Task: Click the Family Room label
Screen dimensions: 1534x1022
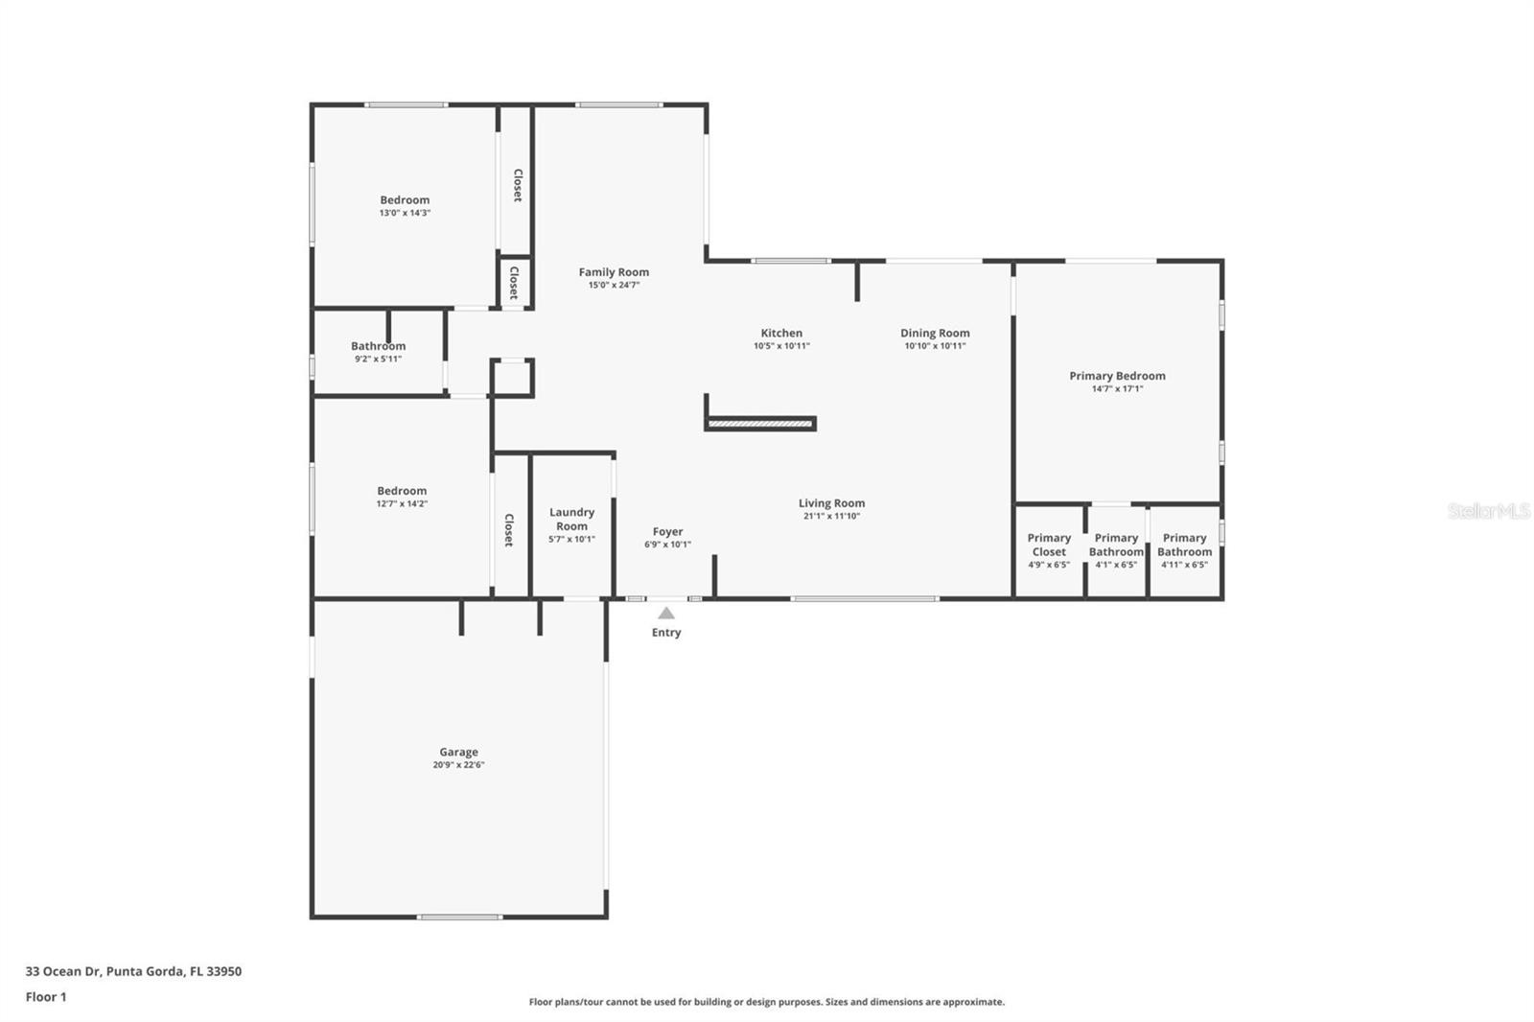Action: [614, 272]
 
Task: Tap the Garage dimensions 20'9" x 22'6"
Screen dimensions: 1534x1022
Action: [458, 765]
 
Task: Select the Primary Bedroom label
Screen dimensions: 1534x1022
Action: [1117, 376]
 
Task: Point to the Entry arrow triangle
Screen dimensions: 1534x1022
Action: [665, 613]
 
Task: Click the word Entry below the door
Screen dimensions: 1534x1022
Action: [665, 632]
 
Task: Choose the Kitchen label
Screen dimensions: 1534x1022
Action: [781, 333]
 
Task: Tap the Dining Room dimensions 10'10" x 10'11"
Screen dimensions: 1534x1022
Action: [935, 346]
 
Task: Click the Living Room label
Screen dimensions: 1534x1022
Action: [831, 503]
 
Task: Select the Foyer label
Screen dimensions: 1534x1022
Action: [667, 531]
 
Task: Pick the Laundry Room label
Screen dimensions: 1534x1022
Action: [571, 520]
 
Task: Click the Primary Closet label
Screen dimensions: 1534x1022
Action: [1049, 545]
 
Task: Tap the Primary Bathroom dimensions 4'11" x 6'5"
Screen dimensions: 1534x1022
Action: [1184, 565]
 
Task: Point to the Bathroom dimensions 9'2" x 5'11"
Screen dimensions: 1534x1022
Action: [378, 359]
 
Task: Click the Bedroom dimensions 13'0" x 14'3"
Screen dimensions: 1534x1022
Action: [405, 213]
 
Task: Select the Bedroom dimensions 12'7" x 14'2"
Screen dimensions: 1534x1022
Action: [402, 504]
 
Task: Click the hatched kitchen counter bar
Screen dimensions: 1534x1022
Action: [759, 424]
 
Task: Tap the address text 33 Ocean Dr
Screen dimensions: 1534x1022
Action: [63, 971]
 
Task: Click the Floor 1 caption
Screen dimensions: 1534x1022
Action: [46, 997]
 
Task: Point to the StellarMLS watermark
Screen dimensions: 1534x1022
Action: [1489, 510]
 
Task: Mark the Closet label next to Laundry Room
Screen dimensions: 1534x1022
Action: [509, 529]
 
